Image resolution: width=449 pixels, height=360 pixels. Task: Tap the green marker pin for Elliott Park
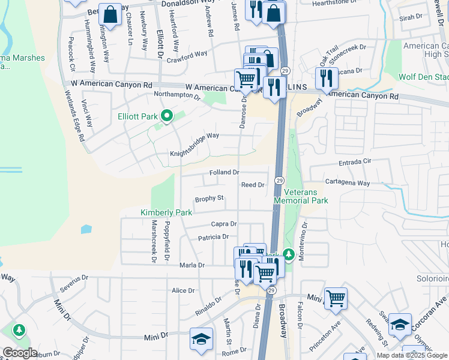(168, 115)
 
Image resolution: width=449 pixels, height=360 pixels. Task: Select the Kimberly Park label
(166, 212)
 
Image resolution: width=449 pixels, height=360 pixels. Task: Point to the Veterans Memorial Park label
(301, 196)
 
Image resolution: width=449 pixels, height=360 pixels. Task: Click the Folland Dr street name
(224, 173)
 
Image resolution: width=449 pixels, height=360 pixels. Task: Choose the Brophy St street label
(209, 198)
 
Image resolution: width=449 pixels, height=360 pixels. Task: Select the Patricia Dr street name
(214, 238)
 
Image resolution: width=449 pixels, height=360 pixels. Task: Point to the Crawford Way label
(187, 56)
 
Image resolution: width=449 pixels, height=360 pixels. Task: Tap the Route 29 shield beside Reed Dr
(280, 180)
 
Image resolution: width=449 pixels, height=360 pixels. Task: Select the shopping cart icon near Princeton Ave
(336, 298)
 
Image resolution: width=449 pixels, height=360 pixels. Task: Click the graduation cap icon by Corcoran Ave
(400, 324)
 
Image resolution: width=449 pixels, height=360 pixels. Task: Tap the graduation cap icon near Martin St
(201, 338)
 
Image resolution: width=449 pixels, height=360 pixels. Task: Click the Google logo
(19, 353)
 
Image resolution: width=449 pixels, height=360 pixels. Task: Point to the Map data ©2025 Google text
(411, 355)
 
